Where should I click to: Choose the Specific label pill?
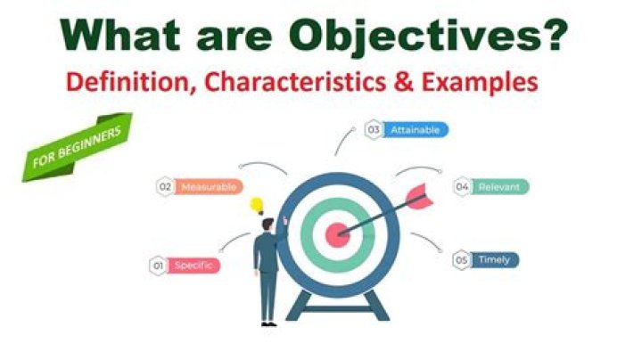coord(193,265)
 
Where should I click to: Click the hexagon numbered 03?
coord(374,130)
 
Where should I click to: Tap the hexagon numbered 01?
coord(159,265)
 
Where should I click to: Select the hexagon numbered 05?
coord(461,260)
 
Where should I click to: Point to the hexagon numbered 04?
coord(462,187)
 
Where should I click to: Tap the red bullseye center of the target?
coord(337,235)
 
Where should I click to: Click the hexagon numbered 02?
coord(165,187)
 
